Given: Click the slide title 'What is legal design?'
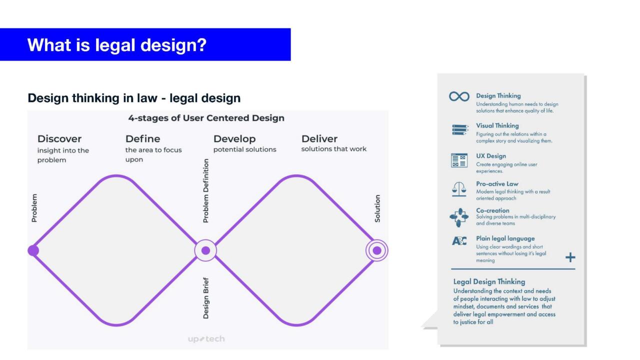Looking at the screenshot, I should click(x=116, y=45).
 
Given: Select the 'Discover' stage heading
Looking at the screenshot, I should click(x=59, y=138).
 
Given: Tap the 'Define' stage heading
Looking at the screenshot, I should click(x=142, y=138).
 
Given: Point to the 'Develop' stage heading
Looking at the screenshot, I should click(x=234, y=138).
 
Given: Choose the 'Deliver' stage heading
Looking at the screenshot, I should click(x=319, y=138).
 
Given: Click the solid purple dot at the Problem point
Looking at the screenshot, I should click(x=33, y=250).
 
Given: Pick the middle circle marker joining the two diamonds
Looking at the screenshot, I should click(x=205, y=250).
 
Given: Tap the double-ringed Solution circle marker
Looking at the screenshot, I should click(x=377, y=250).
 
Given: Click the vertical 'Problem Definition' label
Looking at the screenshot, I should click(x=206, y=190).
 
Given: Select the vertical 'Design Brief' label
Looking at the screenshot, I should click(x=206, y=298).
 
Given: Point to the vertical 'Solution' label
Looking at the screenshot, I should click(x=377, y=208).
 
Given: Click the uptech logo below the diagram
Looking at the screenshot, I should click(x=206, y=339).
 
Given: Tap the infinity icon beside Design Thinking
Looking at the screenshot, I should click(x=459, y=96).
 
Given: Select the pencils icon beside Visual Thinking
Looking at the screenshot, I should click(x=460, y=130).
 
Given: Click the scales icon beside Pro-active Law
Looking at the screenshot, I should click(x=459, y=189).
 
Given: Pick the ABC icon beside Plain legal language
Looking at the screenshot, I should click(x=459, y=241).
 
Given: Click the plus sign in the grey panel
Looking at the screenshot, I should click(x=570, y=257).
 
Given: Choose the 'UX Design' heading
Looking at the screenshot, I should click(x=490, y=156).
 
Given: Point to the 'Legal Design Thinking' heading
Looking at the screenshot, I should click(x=489, y=281).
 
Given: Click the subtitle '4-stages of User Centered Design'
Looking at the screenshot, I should click(x=206, y=118).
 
